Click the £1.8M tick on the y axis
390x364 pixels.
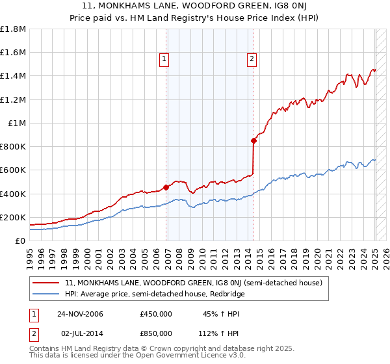click(13, 29)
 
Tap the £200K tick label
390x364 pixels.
click(14, 217)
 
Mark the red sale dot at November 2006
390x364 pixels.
click(166, 187)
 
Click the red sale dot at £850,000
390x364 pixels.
click(253, 140)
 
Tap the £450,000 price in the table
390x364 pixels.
click(156, 315)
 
